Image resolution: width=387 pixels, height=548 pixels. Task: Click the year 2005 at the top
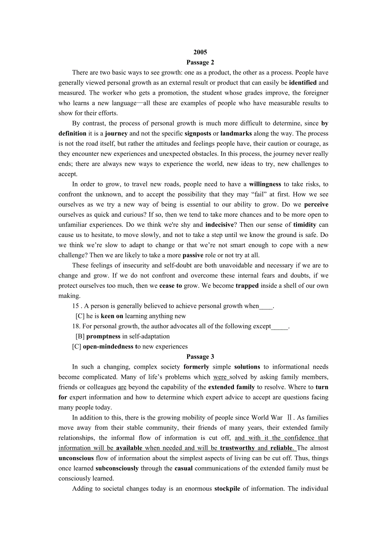click(200, 52)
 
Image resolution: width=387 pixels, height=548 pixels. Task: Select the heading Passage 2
click(200, 62)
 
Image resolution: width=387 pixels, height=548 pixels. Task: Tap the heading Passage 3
click(200, 356)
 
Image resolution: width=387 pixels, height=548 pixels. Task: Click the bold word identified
click(303, 82)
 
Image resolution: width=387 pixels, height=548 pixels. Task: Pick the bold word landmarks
click(236, 133)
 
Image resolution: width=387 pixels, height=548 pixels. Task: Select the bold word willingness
click(265, 184)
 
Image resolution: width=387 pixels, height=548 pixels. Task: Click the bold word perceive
click(316, 204)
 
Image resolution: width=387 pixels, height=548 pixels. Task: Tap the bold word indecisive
click(219, 225)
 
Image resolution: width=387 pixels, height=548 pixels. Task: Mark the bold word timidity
click(305, 225)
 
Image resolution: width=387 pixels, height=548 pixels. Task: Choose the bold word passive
click(193, 255)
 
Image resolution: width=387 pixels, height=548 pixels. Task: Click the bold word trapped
click(247, 285)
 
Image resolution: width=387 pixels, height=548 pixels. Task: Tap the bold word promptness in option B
click(103, 336)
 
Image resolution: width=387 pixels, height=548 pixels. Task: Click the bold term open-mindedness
click(108, 346)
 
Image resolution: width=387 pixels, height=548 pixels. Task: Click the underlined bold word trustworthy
click(237, 448)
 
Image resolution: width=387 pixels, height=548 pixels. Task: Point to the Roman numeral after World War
click(289, 418)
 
